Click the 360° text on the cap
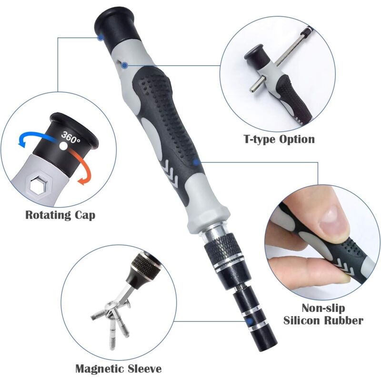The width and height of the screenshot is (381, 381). click(70, 137)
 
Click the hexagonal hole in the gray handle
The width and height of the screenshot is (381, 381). click(39, 185)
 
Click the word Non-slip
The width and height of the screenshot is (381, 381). click(323, 308)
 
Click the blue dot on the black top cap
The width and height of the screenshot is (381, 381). click(100, 38)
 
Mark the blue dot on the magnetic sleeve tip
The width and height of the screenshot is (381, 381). click(249, 321)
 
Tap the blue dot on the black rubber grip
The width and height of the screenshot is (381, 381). click(196, 162)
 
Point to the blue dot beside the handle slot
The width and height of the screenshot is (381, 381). click(125, 65)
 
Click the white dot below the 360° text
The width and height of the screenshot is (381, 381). click(63, 146)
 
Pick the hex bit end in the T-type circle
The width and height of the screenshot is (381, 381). click(256, 85)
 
